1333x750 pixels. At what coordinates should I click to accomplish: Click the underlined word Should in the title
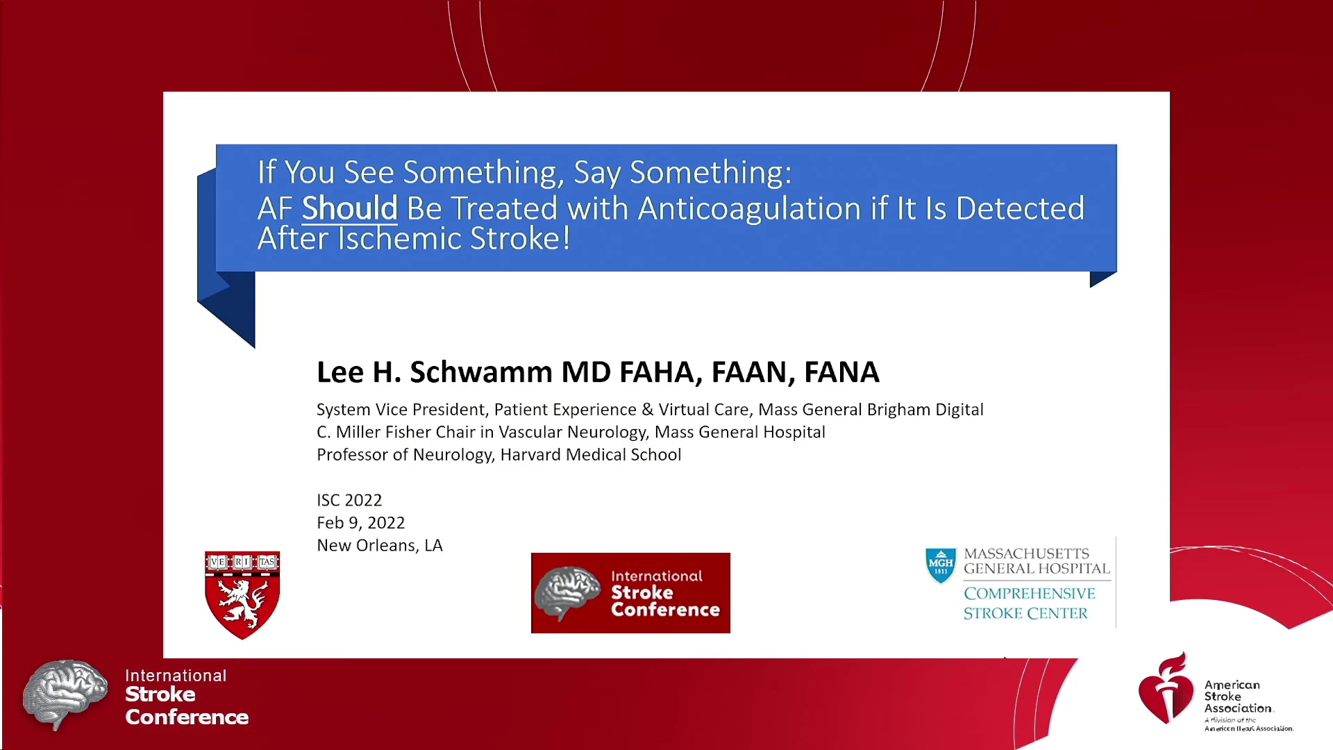pyautogui.click(x=349, y=208)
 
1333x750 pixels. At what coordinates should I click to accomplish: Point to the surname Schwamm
pyautogui.click(x=481, y=372)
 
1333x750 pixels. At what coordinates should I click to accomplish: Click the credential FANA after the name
pyautogui.click(x=841, y=372)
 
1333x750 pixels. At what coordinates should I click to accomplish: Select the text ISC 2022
pyautogui.click(x=349, y=500)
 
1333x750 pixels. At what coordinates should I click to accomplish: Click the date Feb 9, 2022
pyautogui.click(x=360, y=523)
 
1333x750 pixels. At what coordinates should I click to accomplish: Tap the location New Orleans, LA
pyautogui.click(x=379, y=545)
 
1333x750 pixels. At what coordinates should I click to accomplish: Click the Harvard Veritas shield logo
pyautogui.click(x=242, y=595)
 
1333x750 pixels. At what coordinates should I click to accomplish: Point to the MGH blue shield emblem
pyautogui.click(x=941, y=565)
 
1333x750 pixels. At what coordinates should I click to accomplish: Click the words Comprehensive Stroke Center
pyautogui.click(x=1029, y=603)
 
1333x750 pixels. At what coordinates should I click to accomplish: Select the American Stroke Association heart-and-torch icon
pyautogui.click(x=1166, y=688)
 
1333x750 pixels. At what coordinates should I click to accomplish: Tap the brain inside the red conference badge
pyautogui.click(x=568, y=592)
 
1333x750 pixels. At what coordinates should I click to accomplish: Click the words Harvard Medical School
pyautogui.click(x=591, y=455)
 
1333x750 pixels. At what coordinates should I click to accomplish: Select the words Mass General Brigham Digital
pyautogui.click(x=871, y=410)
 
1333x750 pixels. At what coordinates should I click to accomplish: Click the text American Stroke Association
pyautogui.click(x=1239, y=697)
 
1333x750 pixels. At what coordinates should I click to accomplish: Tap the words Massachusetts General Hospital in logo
pyautogui.click(x=1037, y=561)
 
